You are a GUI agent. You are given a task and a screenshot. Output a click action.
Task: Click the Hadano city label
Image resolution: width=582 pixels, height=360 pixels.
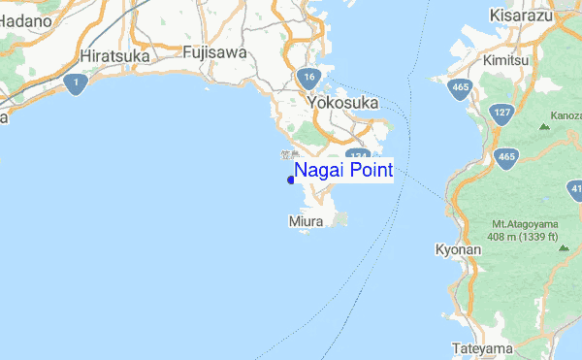[23, 19]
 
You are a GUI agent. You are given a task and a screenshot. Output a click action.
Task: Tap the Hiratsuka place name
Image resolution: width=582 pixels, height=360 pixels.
[117, 56]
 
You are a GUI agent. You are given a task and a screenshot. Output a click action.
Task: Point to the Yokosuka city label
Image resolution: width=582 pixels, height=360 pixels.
[342, 102]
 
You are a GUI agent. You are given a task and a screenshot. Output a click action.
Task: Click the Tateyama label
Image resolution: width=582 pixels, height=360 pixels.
[481, 347]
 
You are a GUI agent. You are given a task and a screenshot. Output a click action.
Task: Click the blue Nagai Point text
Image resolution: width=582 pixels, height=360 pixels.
[343, 171]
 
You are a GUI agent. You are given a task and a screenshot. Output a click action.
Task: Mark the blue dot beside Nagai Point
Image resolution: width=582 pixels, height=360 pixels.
[291, 179]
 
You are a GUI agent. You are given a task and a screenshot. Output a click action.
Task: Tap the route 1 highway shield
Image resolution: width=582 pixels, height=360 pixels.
[74, 86]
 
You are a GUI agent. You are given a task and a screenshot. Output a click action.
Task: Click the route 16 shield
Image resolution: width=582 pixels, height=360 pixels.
[308, 78]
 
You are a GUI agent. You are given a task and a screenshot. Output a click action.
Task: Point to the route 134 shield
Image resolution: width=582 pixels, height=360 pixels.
[356, 156]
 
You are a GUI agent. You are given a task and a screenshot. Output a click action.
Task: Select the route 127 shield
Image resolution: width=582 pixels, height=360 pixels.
[502, 112]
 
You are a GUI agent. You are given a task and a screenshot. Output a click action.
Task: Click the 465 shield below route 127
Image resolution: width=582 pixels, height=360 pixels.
[505, 155]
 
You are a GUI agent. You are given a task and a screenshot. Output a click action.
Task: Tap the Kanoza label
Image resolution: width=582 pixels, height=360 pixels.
[565, 115]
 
